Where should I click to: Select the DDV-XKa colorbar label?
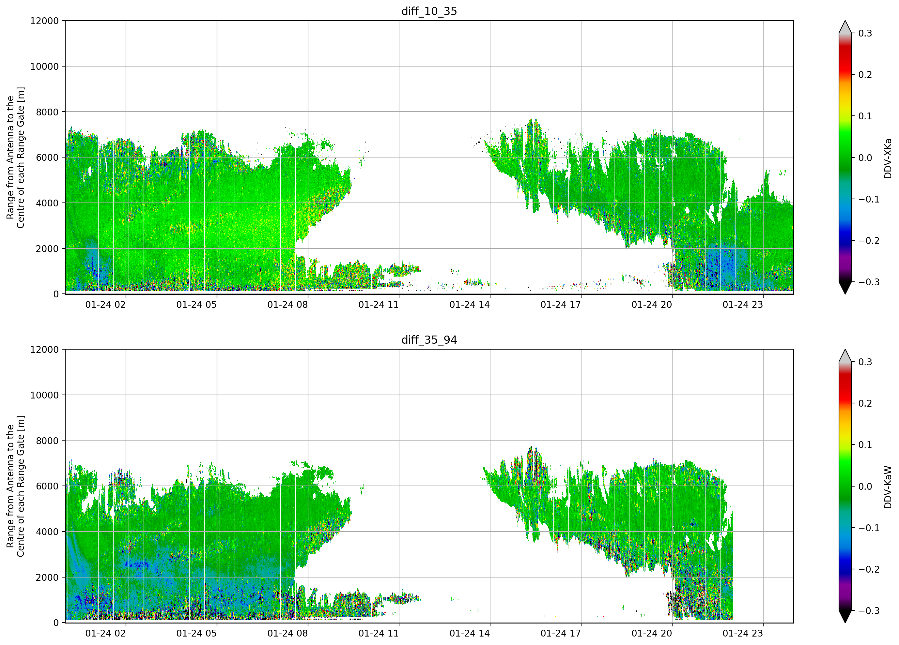pyautogui.click(x=888, y=158)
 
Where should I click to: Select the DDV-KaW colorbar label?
pyautogui.click(x=888, y=487)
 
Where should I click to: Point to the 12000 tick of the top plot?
pyautogui.click(x=44, y=21)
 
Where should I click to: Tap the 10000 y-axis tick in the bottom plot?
pyautogui.click(x=44, y=395)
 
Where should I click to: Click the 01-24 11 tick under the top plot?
pyautogui.click(x=379, y=305)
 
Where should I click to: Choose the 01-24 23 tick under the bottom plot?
pyautogui.click(x=743, y=634)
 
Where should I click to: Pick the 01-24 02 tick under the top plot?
pyautogui.click(x=105, y=305)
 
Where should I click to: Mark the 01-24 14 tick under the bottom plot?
pyautogui.click(x=470, y=634)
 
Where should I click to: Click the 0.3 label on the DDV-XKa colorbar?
pyautogui.click(x=865, y=33)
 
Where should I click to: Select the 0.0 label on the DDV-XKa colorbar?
pyautogui.click(x=865, y=158)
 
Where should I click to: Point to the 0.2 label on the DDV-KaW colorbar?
pyautogui.click(x=865, y=403)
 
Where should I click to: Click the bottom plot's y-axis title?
pyautogui.click(x=15, y=486)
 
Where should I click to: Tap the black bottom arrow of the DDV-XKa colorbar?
pyautogui.click(x=845, y=288)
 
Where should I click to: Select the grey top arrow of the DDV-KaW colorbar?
pyautogui.click(x=845, y=356)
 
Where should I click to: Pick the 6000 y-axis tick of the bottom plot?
pyautogui.click(x=47, y=486)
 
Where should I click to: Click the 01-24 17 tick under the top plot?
pyautogui.click(x=561, y=305)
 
